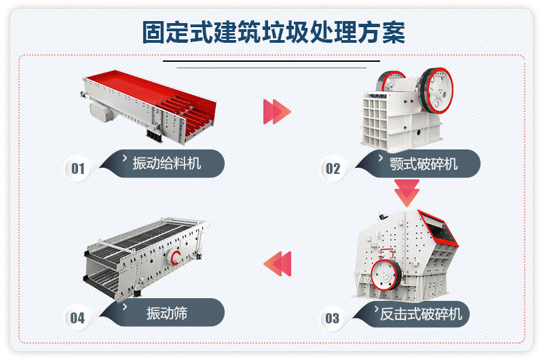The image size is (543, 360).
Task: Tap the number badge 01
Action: click(x=78, y=168)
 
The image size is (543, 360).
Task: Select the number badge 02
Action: click(x=333, y=168)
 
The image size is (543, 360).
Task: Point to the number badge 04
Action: click(x=77, y=317)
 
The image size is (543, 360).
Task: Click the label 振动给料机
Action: click(x=166, y=163)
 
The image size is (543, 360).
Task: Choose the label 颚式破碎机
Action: click(x=424, y=164)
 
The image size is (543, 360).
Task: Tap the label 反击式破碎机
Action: click(x=421, y=313)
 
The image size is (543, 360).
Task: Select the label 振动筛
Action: click(x=166, y=313)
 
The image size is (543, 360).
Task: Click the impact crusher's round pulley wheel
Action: click(x=386, y=274)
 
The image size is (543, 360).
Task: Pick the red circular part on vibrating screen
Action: click(x=176, y=257)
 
